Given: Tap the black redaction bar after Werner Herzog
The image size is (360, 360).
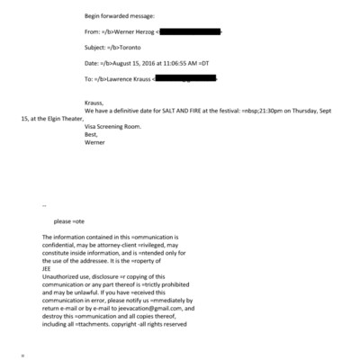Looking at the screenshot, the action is [x=189, y=32].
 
